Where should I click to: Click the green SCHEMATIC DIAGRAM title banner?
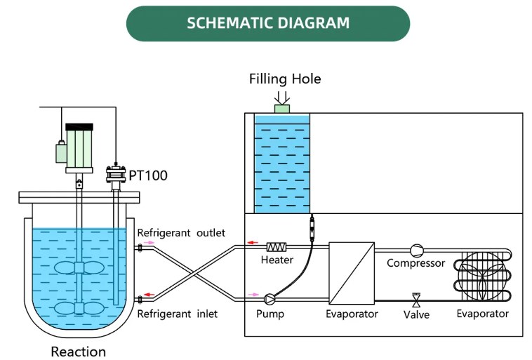[x=267, y=23]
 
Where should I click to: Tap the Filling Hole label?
[x=285, y=79]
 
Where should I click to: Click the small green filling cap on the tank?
[x=282, y=109]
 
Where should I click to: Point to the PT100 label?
[x=148, y=175]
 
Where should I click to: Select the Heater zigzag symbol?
[x=277, y=247]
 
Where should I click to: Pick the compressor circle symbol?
[x=416, y=249]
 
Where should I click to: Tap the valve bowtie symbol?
[x=415, y=300]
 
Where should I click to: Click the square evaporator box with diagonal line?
[x=351, y=271]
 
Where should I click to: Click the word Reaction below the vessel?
[x=79, y=351]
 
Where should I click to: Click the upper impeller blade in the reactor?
[x=79, y=268]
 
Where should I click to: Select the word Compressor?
[x=416, y=263]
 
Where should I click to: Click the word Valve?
[x=416, y=314]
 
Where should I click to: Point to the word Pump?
[x=270, y=314]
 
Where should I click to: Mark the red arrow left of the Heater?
[x=251, y=243]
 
